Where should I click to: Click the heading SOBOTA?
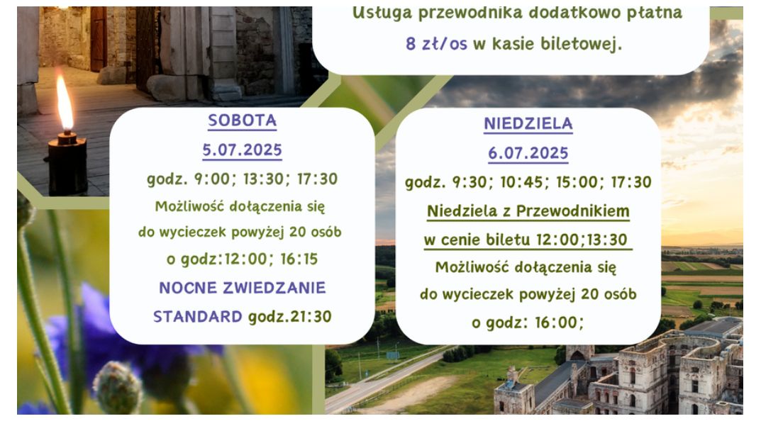click(x=242, y=120)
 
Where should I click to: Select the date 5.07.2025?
click(x=242, y=150)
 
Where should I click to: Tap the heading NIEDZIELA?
click(x=528, y=124)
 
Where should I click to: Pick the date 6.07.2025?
click(x=528, y=153)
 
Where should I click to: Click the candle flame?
click(x=65, y=103)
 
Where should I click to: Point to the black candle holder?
click(x=67, y=163)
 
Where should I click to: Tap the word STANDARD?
click(x=198, y=317)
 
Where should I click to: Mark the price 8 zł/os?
click(x=436, y=44)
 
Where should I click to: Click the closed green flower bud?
click(x=117, y=388)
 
